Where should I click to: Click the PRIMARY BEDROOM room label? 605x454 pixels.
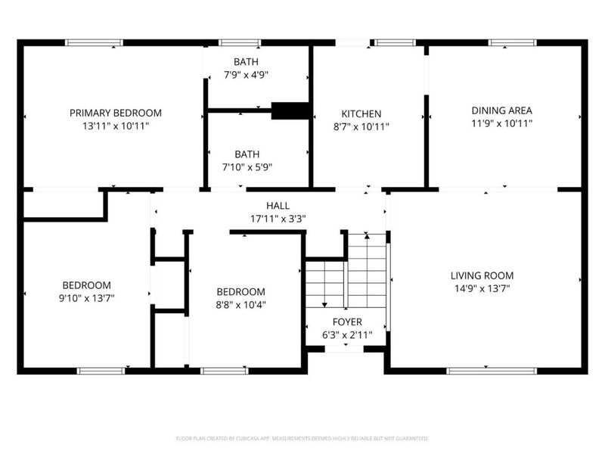click(x=116, y=113)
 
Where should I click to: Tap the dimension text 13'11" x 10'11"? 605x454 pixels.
click(x=116, y=127)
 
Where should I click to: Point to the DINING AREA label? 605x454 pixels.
click(x=502, y=110)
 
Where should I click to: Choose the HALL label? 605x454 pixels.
click(x=278, y=206)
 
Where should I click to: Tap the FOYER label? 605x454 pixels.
click(x=348, y=322)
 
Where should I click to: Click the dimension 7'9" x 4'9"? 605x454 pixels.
click(x=247, y=74)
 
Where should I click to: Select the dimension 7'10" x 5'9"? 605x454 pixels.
click(x=247, y=167)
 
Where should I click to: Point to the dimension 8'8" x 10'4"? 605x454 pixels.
click(x=241, y=306)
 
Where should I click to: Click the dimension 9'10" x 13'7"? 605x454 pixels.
click(x=87, y=299)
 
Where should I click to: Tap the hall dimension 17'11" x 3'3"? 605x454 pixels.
click(x=278, y=219)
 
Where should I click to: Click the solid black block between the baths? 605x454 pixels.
click(x=290, y=110)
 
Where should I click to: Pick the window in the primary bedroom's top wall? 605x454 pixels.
click(x=95, y=42)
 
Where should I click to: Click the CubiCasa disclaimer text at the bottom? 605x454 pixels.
click(x=302, y=438)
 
